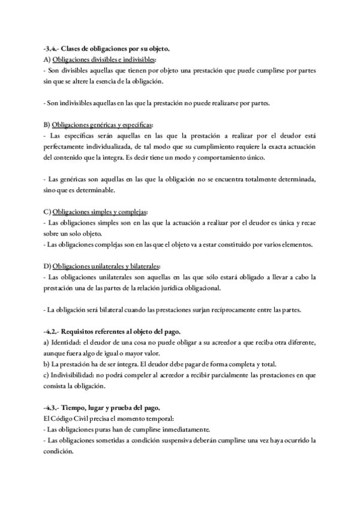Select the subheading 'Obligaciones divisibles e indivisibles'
click(x=104, y=60)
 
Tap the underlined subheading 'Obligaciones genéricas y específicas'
click(x=101, y=125)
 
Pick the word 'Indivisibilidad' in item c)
click(x=74, y=375)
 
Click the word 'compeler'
click(x=139, y=375)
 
